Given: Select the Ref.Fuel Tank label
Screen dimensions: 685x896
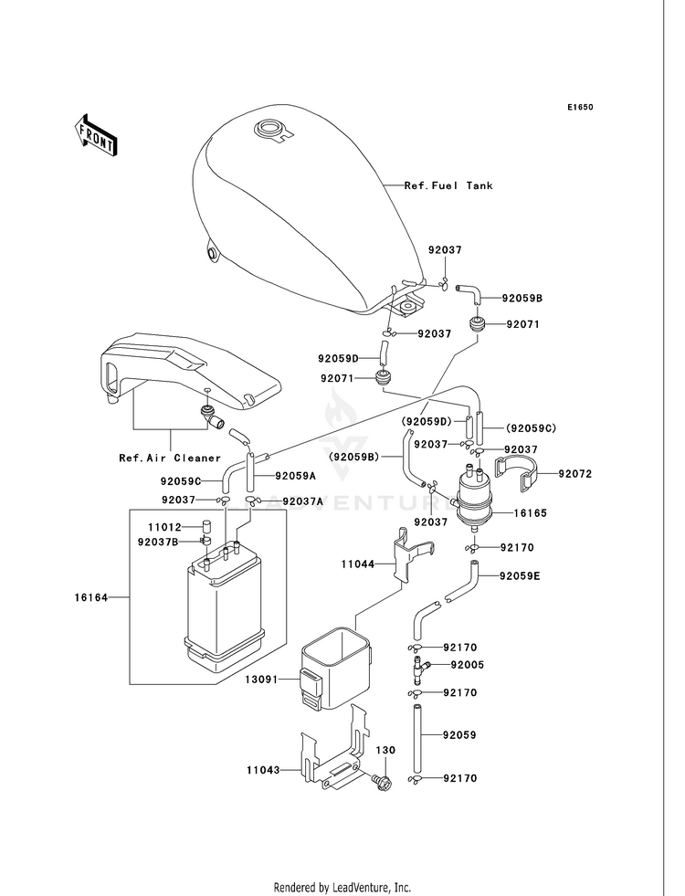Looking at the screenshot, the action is click(448, 185).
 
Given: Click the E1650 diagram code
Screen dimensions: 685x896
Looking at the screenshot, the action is click(580, 107).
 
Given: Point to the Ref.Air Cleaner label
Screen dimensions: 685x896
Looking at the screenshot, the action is click(170, 458).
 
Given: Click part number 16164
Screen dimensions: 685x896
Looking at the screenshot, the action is click(90, 597).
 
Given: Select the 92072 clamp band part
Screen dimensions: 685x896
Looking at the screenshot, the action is click(515, 474).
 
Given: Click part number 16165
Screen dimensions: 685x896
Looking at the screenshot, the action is click(530, 512).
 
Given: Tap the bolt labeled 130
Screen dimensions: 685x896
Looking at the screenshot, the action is click(381, 780).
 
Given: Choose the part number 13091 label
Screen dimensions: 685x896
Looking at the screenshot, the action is click(261, 680).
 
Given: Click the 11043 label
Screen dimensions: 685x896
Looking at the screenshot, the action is click(263, 770).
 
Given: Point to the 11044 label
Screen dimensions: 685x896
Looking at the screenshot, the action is click(358, 564).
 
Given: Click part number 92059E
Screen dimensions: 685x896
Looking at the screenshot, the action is click(520, 576).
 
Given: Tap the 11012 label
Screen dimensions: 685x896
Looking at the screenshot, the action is click(164, 527).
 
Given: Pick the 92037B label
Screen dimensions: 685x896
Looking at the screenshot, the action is click(158, 541).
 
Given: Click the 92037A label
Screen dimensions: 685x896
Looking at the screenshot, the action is click(303, 501).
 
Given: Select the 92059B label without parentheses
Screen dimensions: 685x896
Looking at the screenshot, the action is click(522, 298).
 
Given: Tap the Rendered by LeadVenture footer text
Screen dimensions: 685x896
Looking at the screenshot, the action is click(342, 887).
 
